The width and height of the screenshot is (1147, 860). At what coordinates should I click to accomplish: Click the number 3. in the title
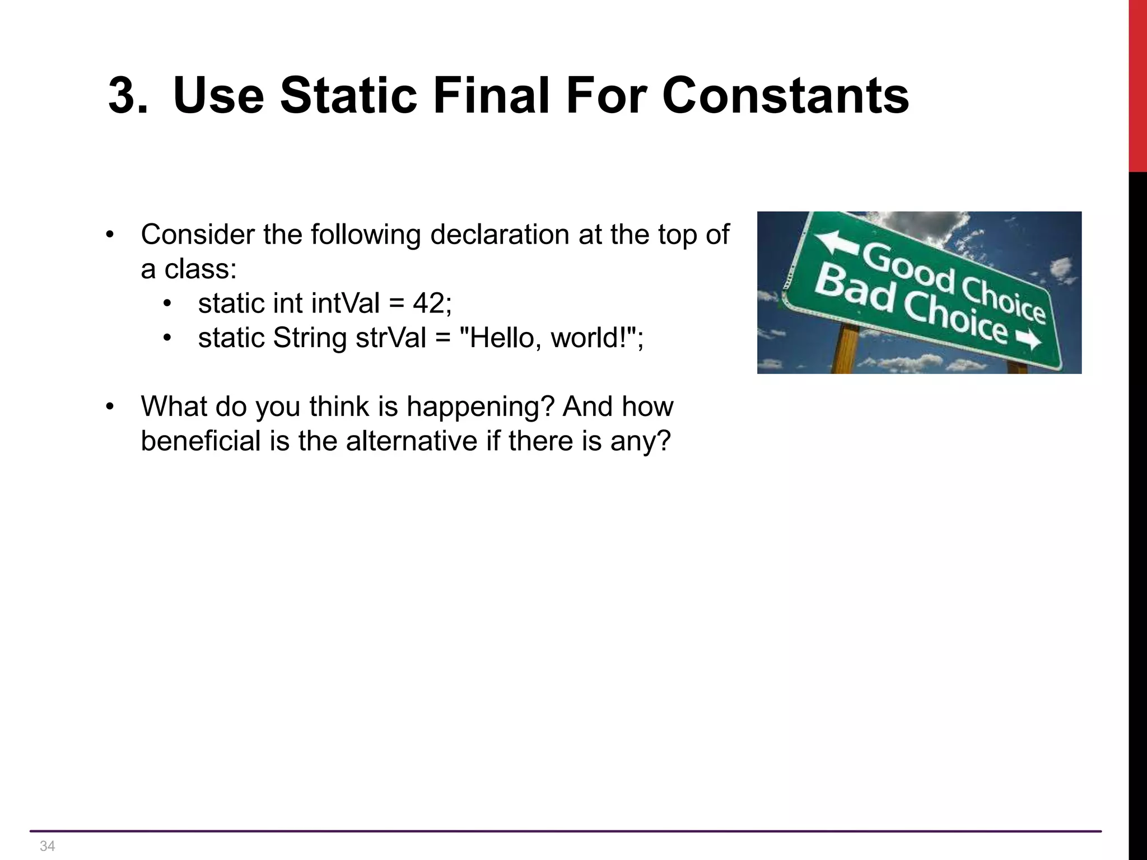(x=128, y=96)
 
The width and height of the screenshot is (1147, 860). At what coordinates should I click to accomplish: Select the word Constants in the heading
(x=785, y=96)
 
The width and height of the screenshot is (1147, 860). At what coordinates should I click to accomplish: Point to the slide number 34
(x=48, y=845)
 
